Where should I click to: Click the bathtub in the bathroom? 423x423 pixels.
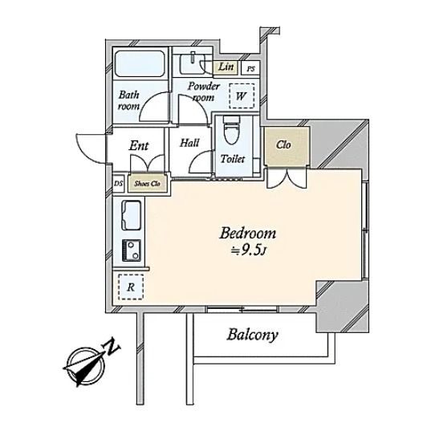(140, 63)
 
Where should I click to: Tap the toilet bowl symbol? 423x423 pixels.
(232, 130)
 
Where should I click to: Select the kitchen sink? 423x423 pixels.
(131, 215)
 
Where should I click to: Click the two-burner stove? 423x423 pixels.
(132, 250)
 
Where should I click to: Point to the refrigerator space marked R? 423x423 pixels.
(131, 287)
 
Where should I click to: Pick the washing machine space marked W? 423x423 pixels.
(242, 96)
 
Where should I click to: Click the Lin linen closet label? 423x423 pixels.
(226, 67)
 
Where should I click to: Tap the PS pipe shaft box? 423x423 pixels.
(250, 69)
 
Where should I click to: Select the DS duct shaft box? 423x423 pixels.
(118, 184)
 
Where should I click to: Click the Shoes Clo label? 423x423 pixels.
(148, 184)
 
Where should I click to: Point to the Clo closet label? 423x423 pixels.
(283, 144)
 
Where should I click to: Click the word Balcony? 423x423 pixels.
(252, 336)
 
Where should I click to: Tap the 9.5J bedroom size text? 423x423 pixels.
(250, 250)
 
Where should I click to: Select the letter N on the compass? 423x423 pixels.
(111, 346)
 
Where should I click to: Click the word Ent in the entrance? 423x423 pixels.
(139, 145)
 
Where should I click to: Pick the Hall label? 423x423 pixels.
(189, 143)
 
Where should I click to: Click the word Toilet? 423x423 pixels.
(233, 159)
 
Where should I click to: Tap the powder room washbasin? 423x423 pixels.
(193, 63)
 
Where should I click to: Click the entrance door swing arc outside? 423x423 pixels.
(91, 148)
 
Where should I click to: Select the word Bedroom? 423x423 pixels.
(248, 233)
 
